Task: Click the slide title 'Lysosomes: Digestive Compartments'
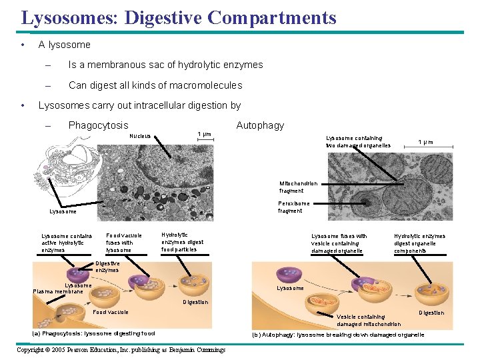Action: coord(178,17)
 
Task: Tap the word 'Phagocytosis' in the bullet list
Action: coord(98,125)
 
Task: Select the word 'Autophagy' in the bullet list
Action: coord(260,125)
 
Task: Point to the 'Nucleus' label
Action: coord(140,136)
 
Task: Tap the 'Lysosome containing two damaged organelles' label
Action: coord(358,141)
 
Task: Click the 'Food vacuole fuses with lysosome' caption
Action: coord(124,243)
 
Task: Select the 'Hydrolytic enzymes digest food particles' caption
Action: coord(183,242)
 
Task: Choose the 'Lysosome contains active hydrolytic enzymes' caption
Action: coord(67,243)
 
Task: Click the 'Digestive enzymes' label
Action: coord(107,267)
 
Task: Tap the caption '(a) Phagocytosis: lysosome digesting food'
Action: coord(94,333)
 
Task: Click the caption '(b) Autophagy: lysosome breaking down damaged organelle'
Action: coord(338,335)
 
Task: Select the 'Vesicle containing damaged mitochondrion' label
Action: coord(369,320)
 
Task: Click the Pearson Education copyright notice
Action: coord(121,350)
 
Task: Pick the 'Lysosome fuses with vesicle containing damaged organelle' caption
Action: coord(339,243)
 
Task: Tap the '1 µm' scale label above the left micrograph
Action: coord(204,135)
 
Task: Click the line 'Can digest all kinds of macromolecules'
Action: coord(155,85)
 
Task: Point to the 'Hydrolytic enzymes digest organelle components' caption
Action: coord(419,243)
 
